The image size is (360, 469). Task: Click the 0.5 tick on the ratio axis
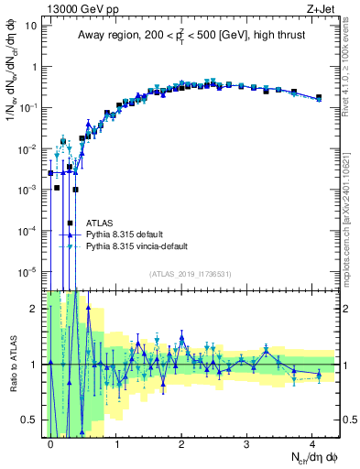coord(30,420)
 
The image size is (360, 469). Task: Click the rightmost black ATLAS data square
coord(318,97)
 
